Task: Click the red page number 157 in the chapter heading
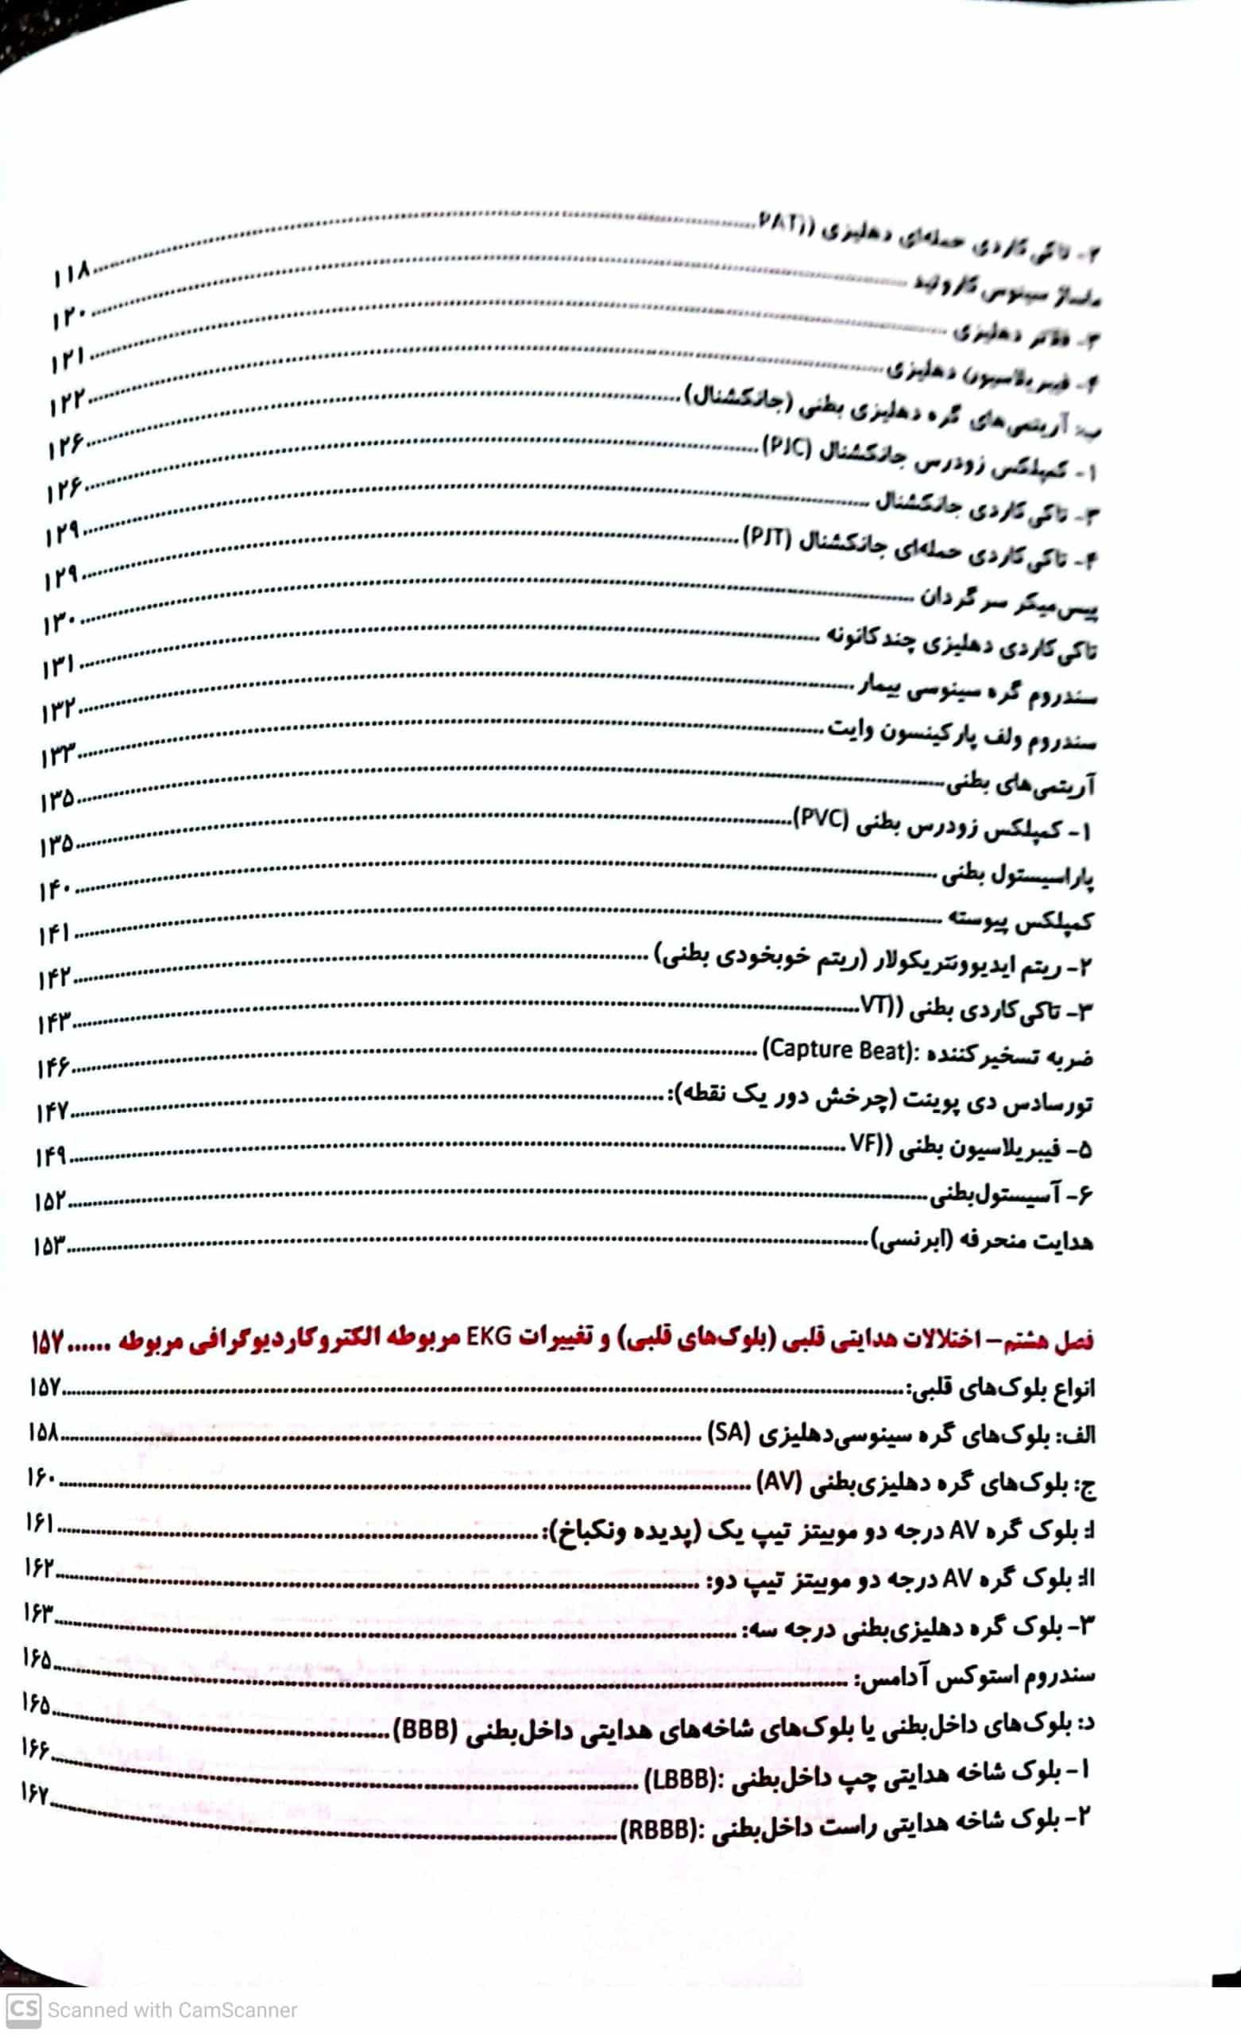47,1342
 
